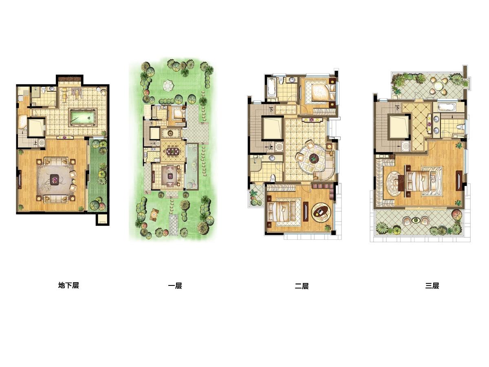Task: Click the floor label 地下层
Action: (68, 285)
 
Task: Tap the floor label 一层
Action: (175, 286)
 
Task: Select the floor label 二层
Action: (302, 286)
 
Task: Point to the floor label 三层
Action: (432, 286)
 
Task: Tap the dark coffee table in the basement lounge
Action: (55, 179)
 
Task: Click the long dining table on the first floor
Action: (173, 151)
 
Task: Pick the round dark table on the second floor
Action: (314, 159)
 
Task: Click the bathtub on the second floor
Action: (271, 87)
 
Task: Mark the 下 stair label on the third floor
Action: (397, 108)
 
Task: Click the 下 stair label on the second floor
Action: (271, 110)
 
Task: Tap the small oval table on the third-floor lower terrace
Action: (415, 221)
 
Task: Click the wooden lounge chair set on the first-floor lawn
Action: (154, 214)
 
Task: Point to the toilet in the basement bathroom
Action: (44, 90)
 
